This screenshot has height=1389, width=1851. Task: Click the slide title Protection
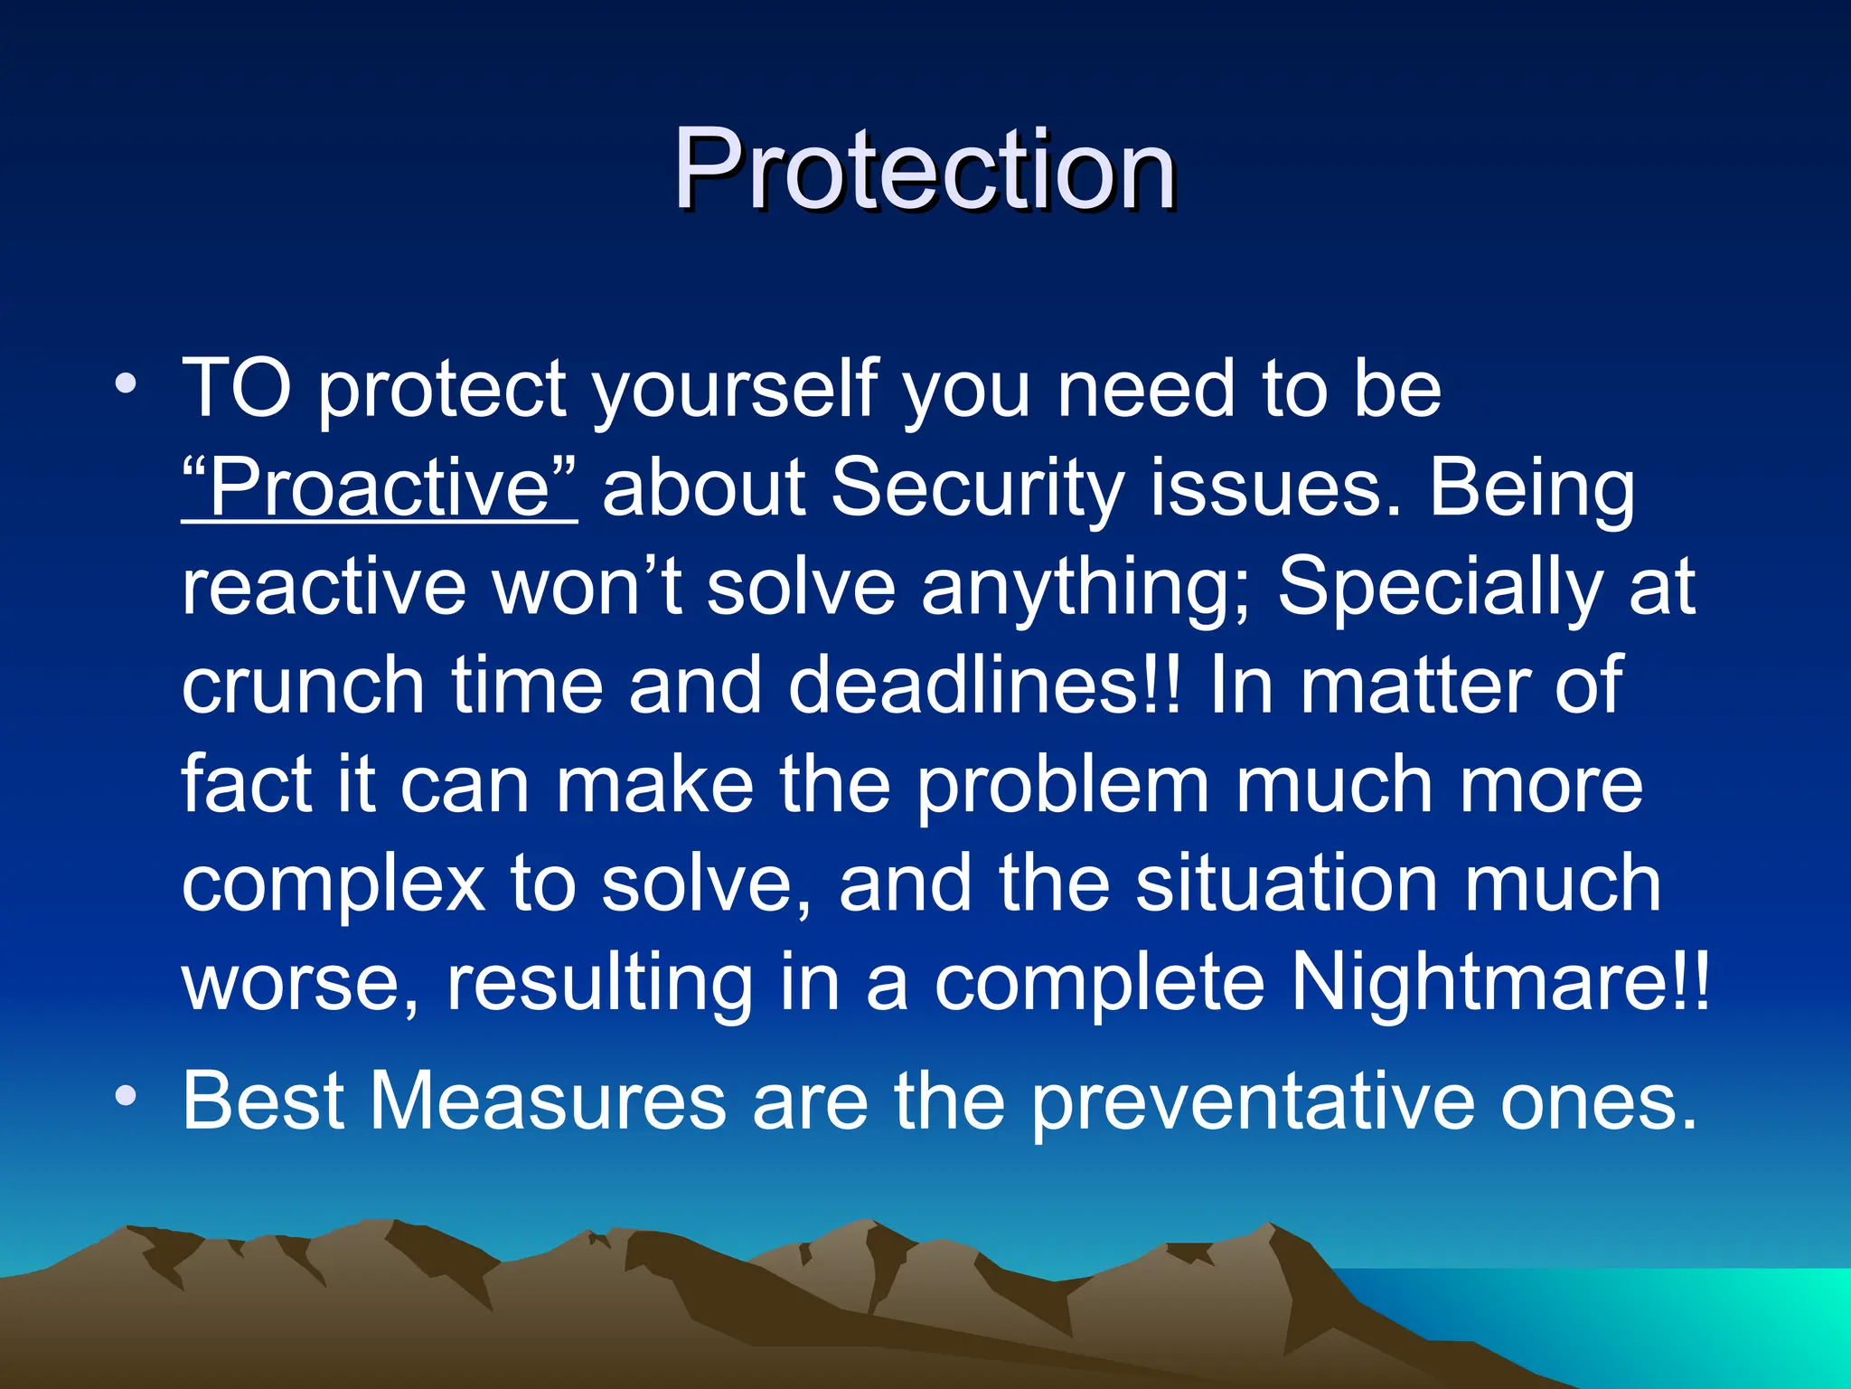click(x=924, y=169)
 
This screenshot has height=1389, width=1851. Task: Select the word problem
click(x=1063, y=787)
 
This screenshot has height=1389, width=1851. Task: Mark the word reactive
click(x=324, y=588)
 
